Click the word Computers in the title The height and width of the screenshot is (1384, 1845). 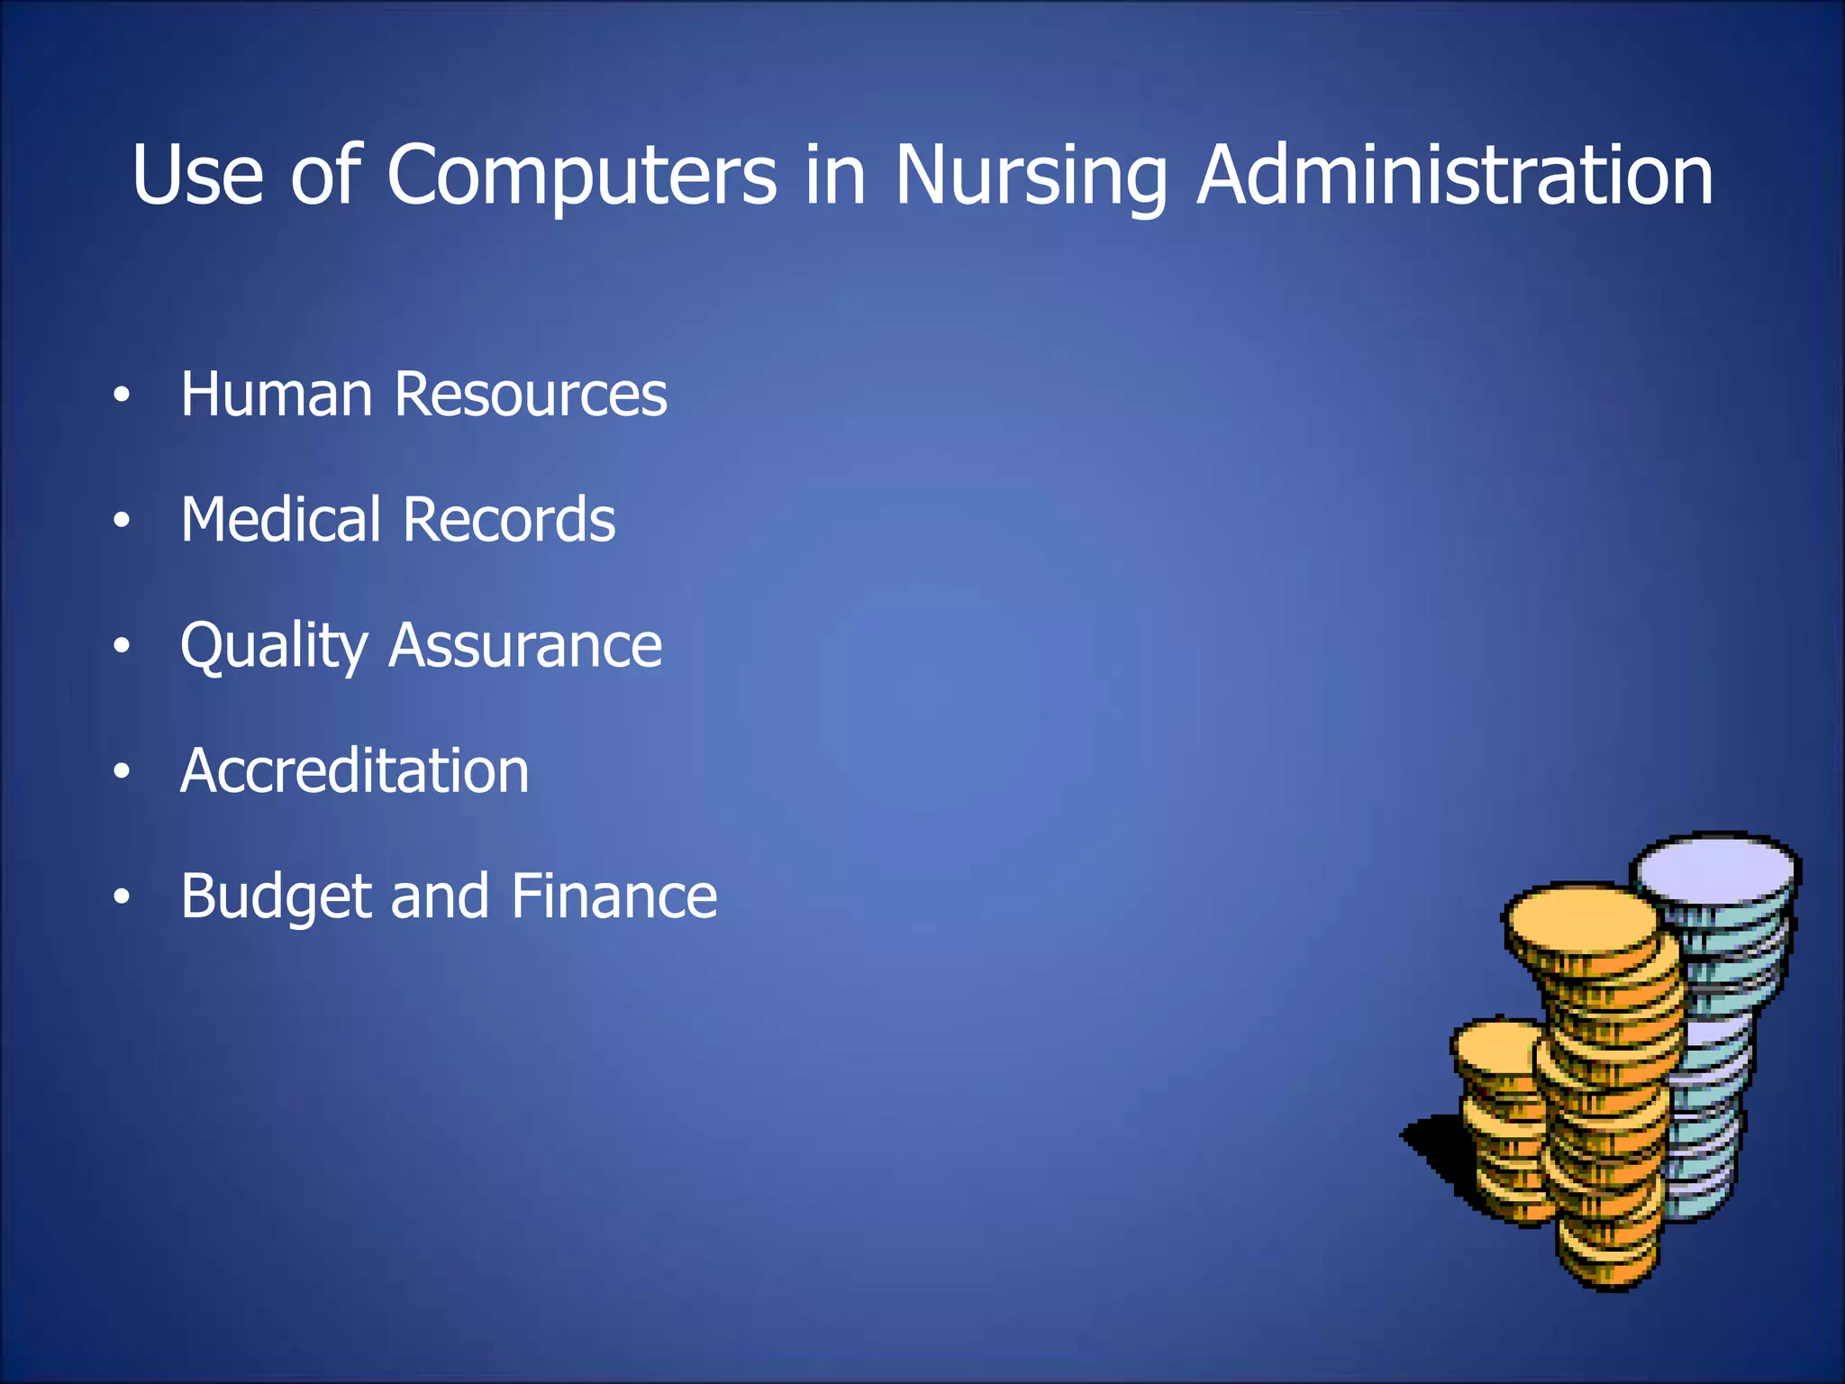(581, 175)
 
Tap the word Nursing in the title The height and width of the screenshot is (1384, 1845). (1030, 175)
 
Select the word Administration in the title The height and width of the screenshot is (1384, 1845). (1455, 175)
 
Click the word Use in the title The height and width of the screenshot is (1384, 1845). (197, 175)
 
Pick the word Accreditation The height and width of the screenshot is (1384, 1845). (355, 771)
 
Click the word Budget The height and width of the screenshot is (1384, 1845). (276, 897)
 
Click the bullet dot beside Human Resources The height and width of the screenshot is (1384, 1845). (122, 396)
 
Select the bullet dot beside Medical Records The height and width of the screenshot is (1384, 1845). (122, 521)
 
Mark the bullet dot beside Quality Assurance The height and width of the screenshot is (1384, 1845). (122, 646)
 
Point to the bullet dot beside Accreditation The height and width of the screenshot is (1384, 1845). (122, 771)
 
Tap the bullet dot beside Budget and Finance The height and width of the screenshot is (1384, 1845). (122, 897)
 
